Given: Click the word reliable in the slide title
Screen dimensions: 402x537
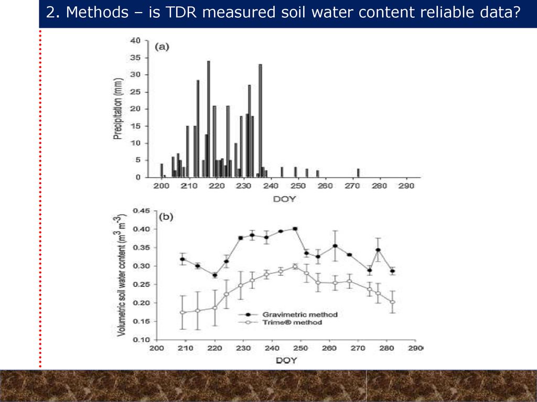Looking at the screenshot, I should click(x=452, y=13).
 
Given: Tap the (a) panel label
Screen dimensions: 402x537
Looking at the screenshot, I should click(x=162, y=47).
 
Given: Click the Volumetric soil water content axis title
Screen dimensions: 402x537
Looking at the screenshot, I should click(x=122, y=275).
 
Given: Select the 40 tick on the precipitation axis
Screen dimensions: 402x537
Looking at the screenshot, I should click(x=136, y=40).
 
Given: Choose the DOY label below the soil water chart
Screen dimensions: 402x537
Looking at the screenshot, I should click(x=286, y=361).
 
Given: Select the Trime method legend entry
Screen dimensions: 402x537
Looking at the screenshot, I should click(x=287, y=322).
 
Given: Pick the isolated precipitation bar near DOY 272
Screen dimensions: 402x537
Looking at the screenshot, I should click(x=358, y=173).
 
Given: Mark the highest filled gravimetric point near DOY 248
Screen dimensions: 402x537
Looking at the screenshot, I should click(x=295, y=229).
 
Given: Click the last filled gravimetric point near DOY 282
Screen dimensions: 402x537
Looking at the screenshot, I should click(x=392, y=271).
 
